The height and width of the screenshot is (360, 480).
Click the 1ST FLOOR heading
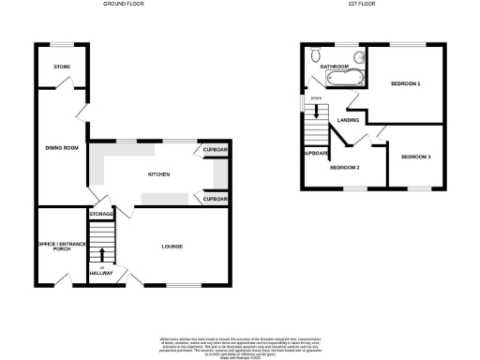pos(361,5)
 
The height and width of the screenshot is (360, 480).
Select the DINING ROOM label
pos(62,147)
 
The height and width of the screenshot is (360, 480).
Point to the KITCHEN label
pos(158,174)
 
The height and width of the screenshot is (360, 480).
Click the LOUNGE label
pos(172,247)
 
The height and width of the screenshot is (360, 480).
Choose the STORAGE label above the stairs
pos(101,215)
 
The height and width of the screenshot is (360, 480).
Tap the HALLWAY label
pos(102,273)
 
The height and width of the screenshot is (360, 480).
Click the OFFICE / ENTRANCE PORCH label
pos(62,247)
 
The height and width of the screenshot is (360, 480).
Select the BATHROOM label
pos(335,67)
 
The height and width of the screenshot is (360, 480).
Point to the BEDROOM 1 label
pos(406,85)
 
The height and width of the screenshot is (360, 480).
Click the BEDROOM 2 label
pos(344,168)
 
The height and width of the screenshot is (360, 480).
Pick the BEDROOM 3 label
pos(415,157)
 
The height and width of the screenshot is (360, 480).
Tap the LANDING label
pos(350,121)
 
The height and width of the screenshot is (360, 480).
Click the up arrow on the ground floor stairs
pos(102,256)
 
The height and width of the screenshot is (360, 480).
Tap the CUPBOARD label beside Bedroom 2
pos(311,153)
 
